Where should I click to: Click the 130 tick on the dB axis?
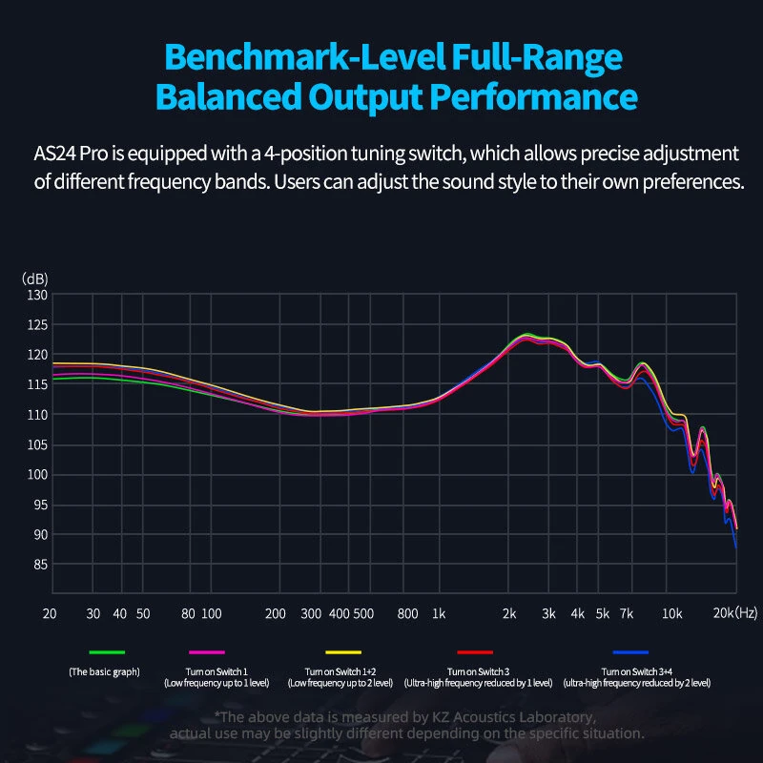pyautogui.click(x=36, y=295)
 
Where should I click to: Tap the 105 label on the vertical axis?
pyautogui.click(x=36, y=444)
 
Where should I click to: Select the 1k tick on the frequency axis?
pyautogui.click(x=439, y=613)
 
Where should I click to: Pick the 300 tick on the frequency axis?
pyautogui.click(x=311, y=613)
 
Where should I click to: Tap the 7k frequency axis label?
pyautogui.click(x=627, y=613)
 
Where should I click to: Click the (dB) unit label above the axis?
pyautogui.click(x=35, y=278)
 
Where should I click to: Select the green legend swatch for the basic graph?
pyautogui.click(x=108, y=652)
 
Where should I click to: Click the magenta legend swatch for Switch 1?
pyautogui.click(x=207, y=652)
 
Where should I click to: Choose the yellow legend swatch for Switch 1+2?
pyautogui.click(x=341, y=652)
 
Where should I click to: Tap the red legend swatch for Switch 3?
pyautogui.click(x=475, y=652)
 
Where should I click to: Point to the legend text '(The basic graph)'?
pyautogui.click(x=105, y=671)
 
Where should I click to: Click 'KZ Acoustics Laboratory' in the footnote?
pyautogui.click(x=505, y=717)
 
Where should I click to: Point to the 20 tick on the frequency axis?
pyautogui.click(x=51, y=613)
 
